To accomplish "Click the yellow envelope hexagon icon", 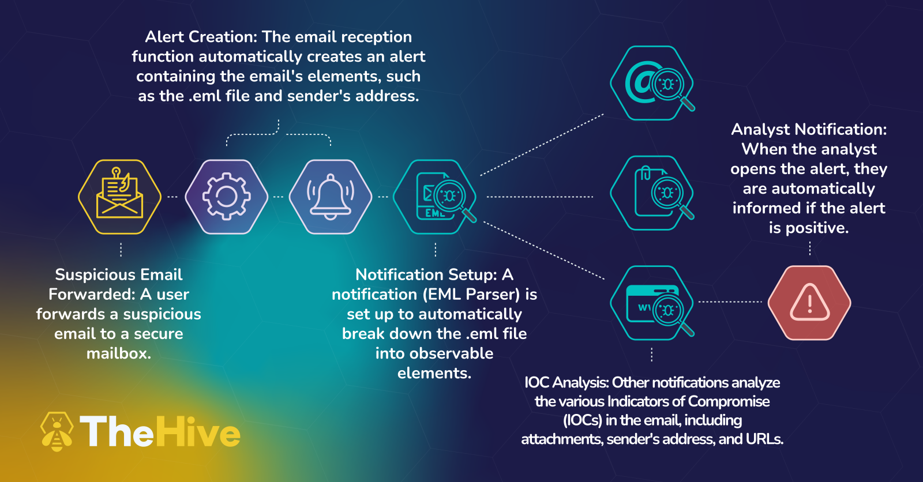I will [x=119, y=197].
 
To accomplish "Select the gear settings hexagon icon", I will [x=227, y=197].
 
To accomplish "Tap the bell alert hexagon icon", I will [x=331, y=197].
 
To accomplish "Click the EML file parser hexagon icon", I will [x=435, y=197].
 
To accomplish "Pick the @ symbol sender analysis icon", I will [x=652, y=83].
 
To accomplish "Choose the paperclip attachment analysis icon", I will [x=652, y=193].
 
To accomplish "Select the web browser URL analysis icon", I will [x=652, y=303].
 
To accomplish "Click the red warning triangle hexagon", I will [x=809, y=303].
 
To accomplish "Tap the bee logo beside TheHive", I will [x=57, y=431].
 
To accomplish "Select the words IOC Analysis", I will [x=566, y=382].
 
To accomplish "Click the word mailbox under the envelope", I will [x=119, y=353].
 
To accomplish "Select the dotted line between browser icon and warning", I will [x=730, y=302].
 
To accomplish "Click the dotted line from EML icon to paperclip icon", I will [x=539, y=197].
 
